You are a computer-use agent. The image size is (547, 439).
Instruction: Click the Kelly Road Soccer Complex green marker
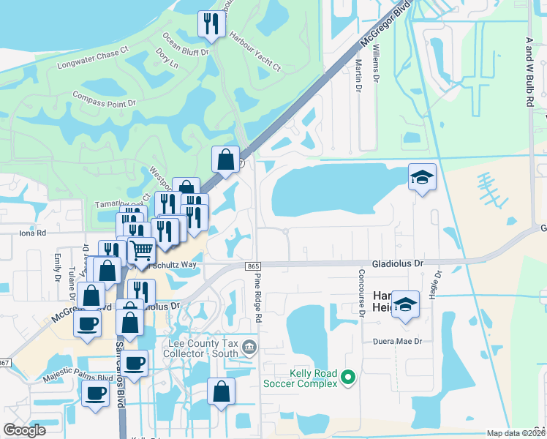[348, 378]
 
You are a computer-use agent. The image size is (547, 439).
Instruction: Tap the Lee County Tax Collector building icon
[250, 345]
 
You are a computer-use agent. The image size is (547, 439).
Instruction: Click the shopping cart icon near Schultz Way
[140, 250]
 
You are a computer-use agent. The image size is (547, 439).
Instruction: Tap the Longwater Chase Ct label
[92, 60]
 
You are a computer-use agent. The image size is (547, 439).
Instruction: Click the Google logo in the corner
[25, 430]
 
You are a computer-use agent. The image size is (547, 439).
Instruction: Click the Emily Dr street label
[57, 267]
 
